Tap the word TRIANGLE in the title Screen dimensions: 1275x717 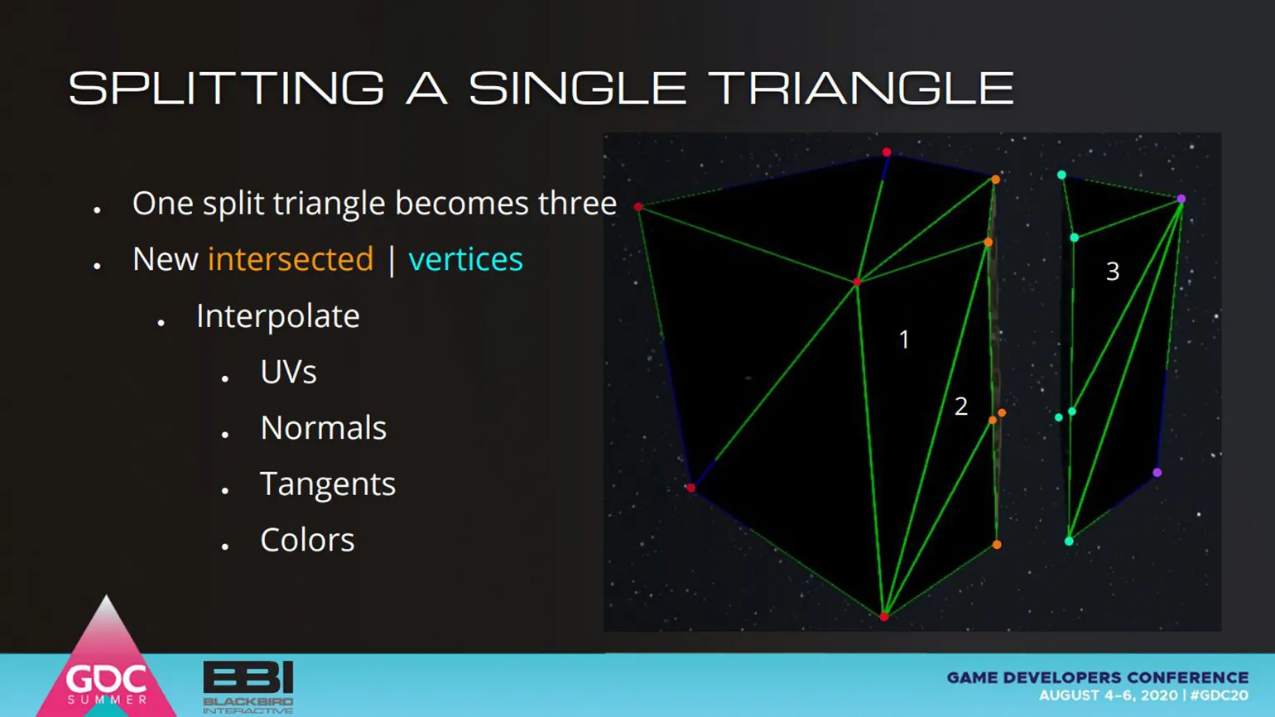[864, 89]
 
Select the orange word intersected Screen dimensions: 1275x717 [291, 259]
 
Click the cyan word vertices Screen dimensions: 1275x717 [465, 259]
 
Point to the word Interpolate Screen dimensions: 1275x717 [278, 315]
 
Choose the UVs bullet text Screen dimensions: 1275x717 [289, 372]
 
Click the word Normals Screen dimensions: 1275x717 [323, 428]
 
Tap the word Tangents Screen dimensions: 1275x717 [328, 485]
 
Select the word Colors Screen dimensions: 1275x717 [307, 540]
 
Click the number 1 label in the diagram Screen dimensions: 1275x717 [904, 339]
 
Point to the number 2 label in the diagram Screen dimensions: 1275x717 [960, 407]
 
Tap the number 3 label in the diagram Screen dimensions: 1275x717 [1113, 272]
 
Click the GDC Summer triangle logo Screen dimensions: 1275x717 [107, 660]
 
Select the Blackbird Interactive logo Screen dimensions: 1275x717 [248, 687]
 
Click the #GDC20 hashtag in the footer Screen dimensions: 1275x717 [1220, 695]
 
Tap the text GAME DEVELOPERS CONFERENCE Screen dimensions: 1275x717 [1098, 677]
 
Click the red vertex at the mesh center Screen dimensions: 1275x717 [857, 282]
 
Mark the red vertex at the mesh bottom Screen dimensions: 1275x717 [884, 617]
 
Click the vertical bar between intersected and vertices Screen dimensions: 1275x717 [392, 260]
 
